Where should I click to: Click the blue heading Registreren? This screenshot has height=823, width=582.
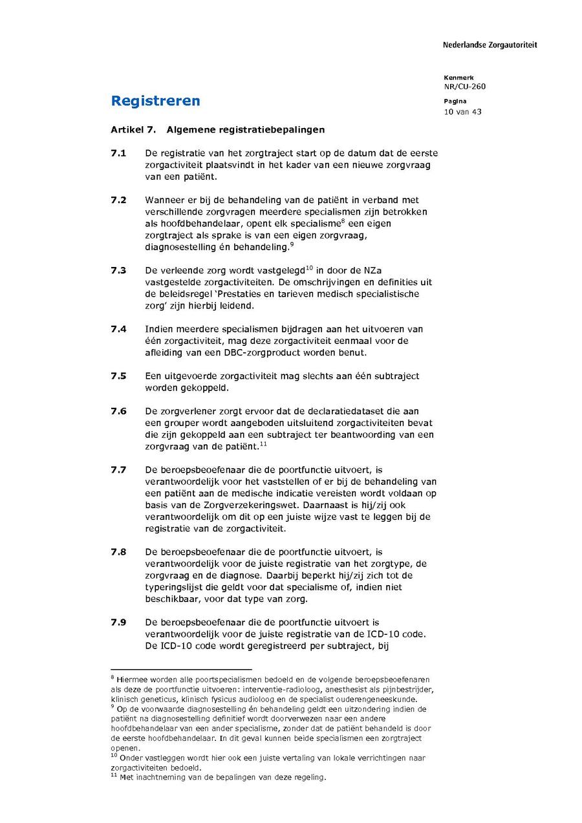pyautogui.click(x=155, y=101)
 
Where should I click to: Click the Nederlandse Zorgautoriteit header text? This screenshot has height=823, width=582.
pyautogui.click(x=490, y=45)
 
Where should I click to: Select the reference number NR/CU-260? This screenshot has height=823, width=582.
pyautogui.click(x=464, y=87)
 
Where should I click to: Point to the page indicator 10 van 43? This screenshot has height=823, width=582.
pyautogui.click(x=462, y=111)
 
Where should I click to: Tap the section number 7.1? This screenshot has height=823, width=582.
pyautogui.click(x=118, y=153)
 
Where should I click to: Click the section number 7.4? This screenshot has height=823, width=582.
pyautogui.click(x=118, y=329)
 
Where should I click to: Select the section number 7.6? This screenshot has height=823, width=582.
pyautogui.click(x=118, y=411)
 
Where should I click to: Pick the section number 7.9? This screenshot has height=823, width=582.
pyautogui.click(x=118, y=622)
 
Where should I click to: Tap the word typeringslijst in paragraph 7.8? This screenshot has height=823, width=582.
pyautogui.click(x=175, y=587)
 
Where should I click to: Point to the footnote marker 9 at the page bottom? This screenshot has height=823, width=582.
pyautogui.click(x=113, y=708)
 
